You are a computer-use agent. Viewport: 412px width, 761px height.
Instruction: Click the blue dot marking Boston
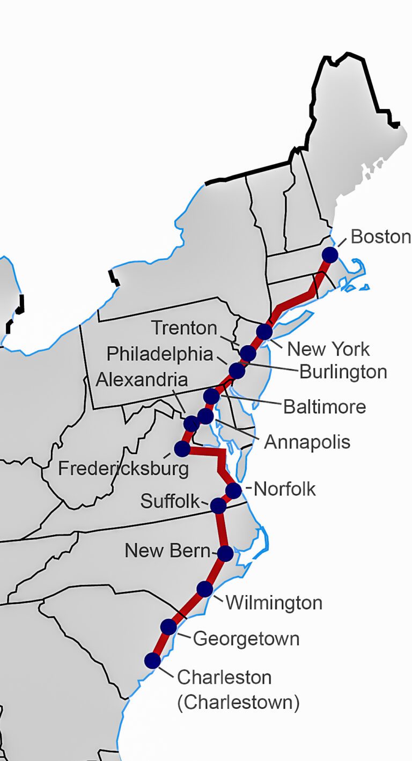[330, 255]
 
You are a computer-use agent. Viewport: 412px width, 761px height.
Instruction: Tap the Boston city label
[380, 237]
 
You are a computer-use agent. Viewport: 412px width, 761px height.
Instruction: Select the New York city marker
[264, 332]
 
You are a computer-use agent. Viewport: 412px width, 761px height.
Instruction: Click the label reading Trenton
[184, 327]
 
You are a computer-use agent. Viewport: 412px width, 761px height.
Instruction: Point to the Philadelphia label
[159, 354]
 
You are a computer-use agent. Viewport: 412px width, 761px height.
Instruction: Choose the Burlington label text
[343, 371]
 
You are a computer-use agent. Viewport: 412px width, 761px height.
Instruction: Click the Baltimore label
[325, 406]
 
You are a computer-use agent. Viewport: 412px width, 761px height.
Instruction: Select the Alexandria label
[142, 379]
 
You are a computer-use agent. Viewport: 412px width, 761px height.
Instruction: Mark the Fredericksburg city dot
[182, 448]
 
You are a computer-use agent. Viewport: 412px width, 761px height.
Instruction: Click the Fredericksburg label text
[123, 469]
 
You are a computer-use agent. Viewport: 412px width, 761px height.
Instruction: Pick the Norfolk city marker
[233, 491]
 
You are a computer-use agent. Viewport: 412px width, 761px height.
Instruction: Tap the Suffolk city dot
[218, 506]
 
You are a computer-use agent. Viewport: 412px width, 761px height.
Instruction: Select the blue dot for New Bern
[226, 553]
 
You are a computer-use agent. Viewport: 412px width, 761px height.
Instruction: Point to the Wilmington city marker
[204, 589]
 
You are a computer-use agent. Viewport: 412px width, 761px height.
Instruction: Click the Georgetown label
[246, 639]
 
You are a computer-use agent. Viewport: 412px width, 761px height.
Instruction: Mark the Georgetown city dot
[168, 626]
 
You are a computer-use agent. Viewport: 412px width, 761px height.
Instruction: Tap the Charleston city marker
[153, 660]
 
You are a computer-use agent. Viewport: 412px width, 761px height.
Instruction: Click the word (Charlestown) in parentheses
[238, 703]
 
